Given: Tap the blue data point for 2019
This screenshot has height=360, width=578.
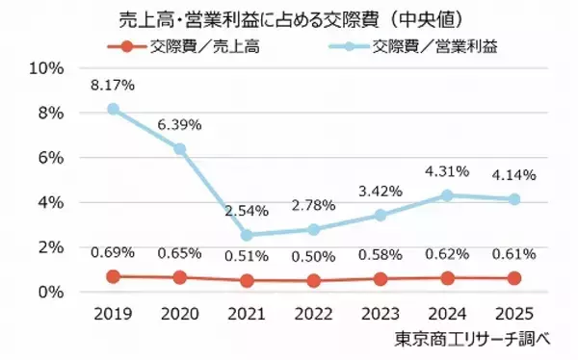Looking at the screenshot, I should coord(114,109).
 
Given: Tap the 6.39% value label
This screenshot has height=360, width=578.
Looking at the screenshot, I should coord(179,125).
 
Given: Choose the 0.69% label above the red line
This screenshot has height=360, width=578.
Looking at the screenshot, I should coord(114,254).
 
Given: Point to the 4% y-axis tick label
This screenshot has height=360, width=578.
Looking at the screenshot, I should coord(50,203).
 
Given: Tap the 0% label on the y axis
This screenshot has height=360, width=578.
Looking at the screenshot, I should coord(50,293).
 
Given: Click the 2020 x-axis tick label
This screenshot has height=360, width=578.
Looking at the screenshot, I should coord(179,315).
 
